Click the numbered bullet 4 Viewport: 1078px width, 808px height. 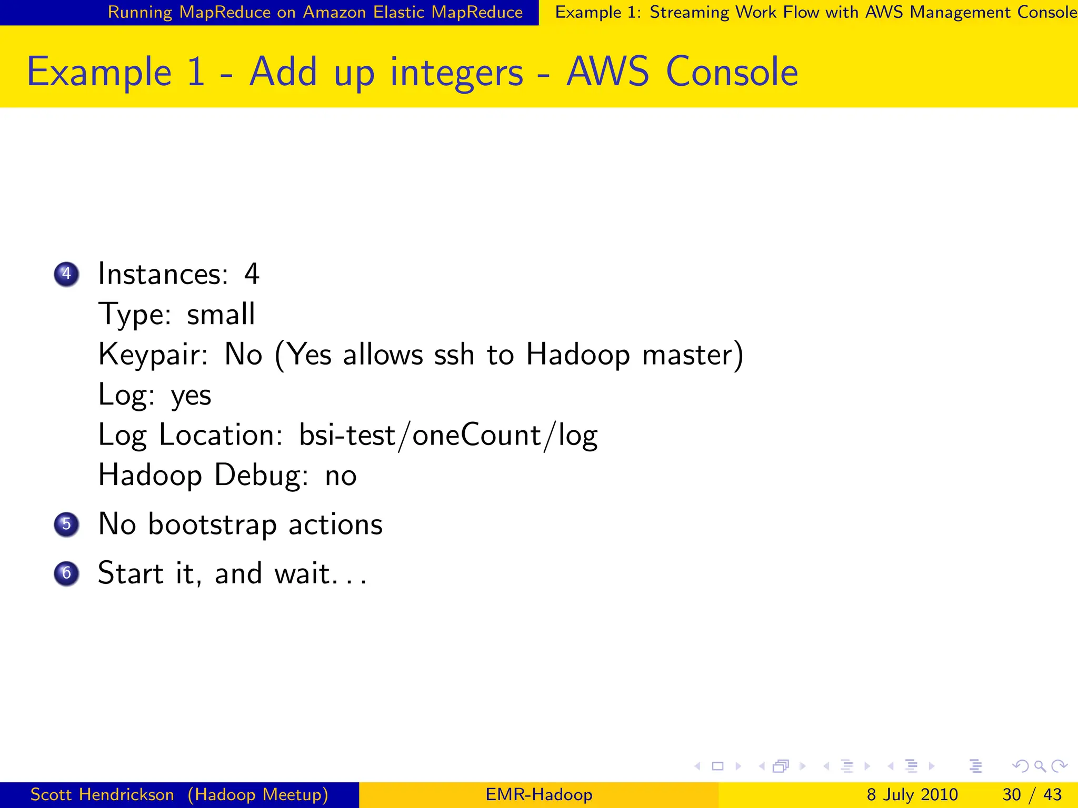coord(66,274)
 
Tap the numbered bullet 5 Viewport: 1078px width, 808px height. coord(66,524)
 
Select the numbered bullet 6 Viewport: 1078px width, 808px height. coord(66,573)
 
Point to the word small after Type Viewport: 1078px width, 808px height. coord(221,315)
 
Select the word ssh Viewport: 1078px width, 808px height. coord(454,355)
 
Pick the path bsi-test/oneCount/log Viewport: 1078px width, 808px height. coord(448,436)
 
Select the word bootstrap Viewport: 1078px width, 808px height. coord(212,524)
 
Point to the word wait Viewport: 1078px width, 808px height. coord(303,573)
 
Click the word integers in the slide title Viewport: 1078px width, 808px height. coord(456,72)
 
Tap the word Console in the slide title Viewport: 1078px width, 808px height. coord(732,72)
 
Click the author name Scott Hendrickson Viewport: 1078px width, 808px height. coord(102,794)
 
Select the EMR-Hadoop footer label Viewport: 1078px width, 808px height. coord(538,794)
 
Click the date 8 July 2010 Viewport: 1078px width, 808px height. coord(912,794)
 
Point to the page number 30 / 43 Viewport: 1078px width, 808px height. coord(1032,794)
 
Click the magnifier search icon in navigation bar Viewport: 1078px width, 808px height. coord(1040,766)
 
